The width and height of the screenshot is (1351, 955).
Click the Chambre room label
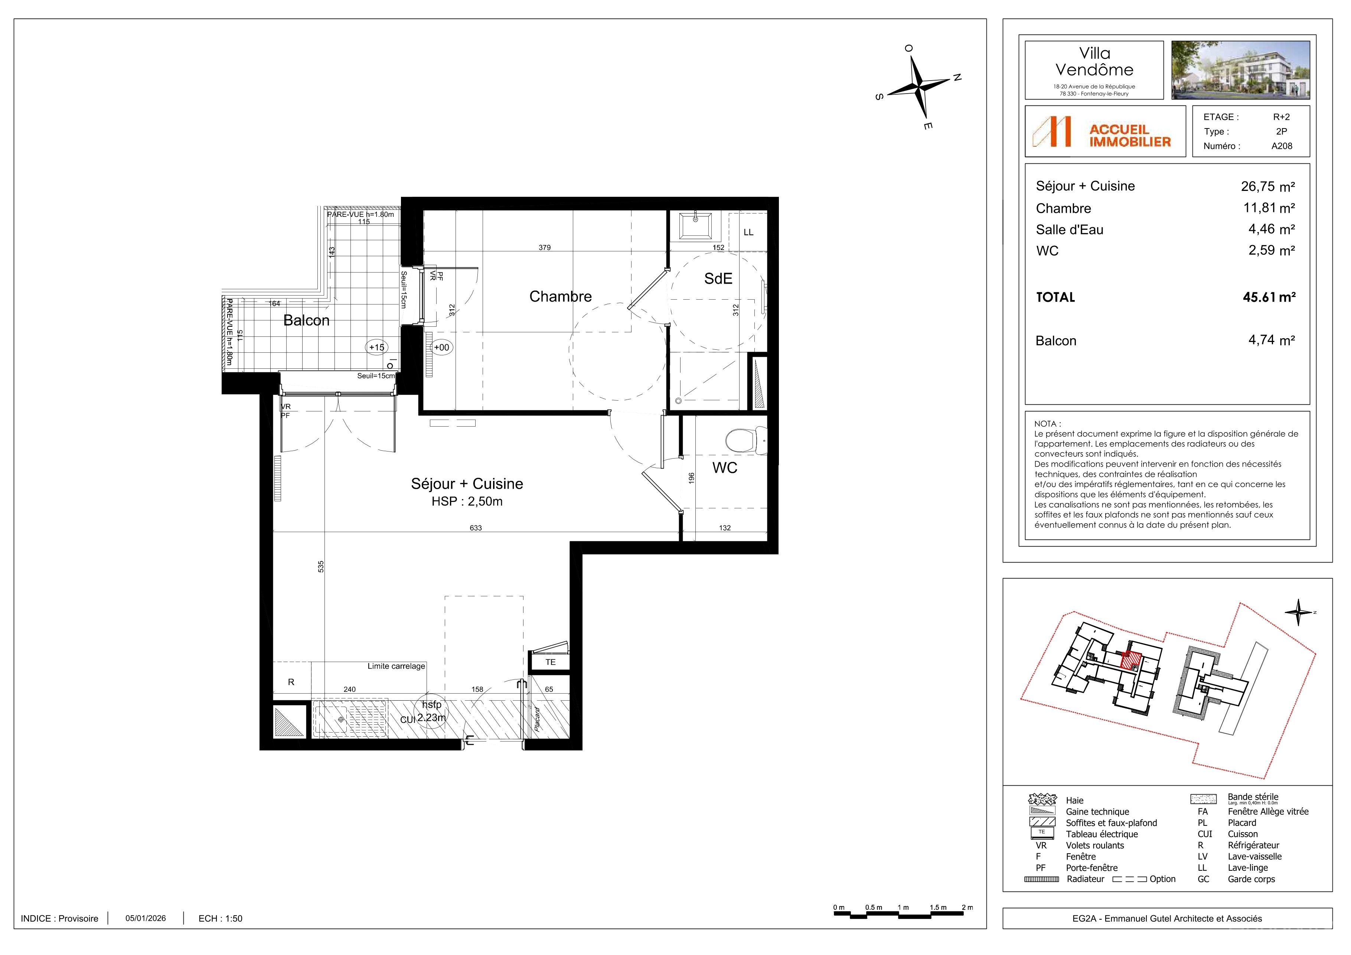[x=560, y=297]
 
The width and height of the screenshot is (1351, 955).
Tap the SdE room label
[x=718, y=278]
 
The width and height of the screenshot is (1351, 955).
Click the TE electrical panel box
[x=550, y=662]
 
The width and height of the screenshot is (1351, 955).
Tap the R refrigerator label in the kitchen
[x=291, y=682]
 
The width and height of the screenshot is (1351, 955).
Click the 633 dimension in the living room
[x=476, y=528]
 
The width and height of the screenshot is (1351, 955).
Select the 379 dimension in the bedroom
[x=544, y=248]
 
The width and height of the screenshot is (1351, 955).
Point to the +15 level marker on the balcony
[x=376, y=347]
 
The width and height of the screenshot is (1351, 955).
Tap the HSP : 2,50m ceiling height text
[x=467, y=501]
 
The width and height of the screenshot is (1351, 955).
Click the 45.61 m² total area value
[x=1269, y=297]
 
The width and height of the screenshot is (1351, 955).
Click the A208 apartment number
[x=1282, y=146]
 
